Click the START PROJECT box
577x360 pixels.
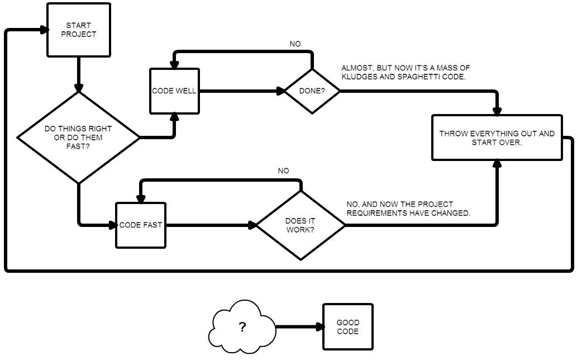coord(78,30)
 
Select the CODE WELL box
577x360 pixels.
coord(174,91)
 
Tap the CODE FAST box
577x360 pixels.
coord(141,225)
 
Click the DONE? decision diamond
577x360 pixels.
coord(312,91)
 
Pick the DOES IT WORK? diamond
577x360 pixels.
coord(301,225)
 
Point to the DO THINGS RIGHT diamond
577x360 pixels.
coord(78,138)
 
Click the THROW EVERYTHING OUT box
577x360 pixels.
coord(497,138)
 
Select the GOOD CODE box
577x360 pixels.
coord(347,327)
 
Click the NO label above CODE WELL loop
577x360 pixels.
coord(295,44)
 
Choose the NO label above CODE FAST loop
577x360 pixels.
coord(283,171)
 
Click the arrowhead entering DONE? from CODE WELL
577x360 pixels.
coord(281,91)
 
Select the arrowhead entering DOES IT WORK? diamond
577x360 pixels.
coord(252,225)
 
